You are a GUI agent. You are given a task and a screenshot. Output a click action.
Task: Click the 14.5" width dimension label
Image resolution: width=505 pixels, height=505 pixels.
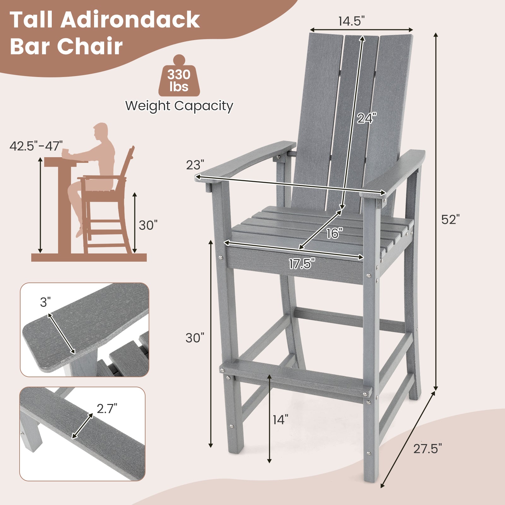click(351, 21)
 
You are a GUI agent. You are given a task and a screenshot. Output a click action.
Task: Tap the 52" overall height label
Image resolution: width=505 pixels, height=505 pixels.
click(450, 220)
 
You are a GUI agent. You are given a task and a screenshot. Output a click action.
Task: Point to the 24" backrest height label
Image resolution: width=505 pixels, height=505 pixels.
click(366, 118)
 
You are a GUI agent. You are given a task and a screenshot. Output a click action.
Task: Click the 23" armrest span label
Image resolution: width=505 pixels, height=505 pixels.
click(195, 165)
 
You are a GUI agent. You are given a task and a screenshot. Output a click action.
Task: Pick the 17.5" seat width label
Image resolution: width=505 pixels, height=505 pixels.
click(302, 264)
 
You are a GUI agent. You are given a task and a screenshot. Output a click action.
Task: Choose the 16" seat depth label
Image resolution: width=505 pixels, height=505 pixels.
click(334, 234)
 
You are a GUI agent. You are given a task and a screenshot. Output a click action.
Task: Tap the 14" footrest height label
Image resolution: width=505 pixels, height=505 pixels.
click(280, 420)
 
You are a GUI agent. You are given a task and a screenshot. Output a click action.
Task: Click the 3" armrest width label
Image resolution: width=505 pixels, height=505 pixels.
click(45, 302)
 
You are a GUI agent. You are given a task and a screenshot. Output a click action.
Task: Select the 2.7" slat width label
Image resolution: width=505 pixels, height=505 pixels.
click(107, 409)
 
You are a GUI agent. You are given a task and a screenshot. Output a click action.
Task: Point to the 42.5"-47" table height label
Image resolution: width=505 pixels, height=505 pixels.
click(36, 146)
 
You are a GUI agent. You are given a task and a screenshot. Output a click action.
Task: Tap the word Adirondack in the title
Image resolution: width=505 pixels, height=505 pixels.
click(130, 20)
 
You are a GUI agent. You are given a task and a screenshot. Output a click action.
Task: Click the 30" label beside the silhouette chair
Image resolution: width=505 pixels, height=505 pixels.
click(148, 225)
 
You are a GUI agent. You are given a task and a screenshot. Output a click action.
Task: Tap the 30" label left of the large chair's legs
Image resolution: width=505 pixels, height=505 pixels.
click(195, 338)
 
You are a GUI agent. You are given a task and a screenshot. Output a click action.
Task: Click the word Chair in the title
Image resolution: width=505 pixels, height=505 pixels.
click(90, 46)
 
